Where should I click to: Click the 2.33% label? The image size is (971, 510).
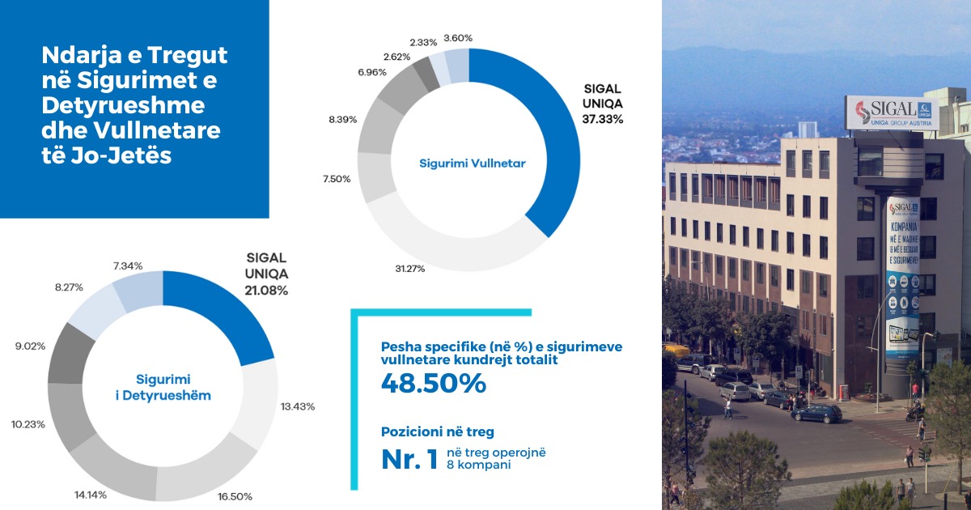coord(424,41)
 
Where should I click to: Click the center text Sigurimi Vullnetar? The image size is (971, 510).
coord(473,164)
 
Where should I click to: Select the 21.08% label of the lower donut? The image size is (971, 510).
coord(266,289)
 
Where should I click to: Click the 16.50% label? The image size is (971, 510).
coord(235,495)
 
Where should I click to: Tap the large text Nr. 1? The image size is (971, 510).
coord(410,459)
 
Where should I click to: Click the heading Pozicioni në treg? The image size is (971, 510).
coord(437,432)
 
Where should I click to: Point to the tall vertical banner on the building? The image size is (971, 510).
coord(902,276)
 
